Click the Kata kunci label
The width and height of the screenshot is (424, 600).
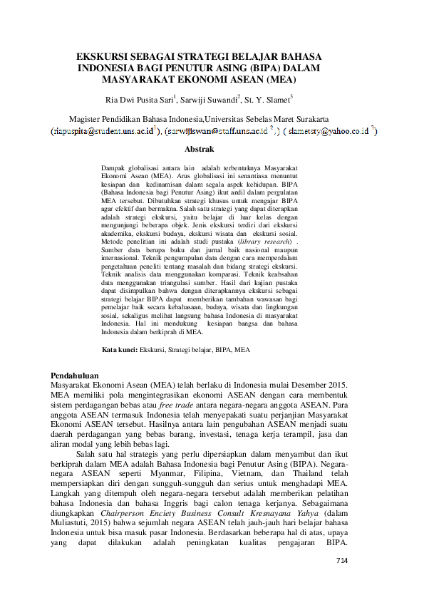(119, 351)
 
